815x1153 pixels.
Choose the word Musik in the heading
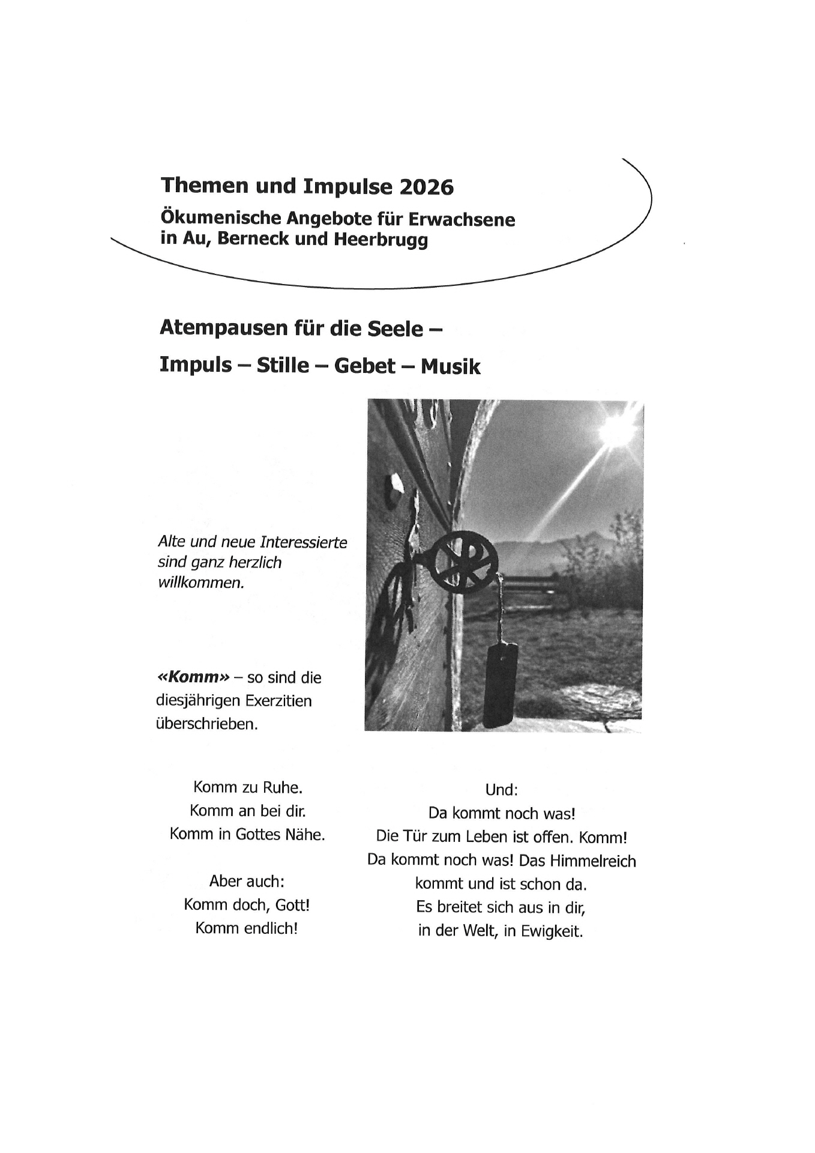[x=450, y=366]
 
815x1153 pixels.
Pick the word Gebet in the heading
[x=365, y=366]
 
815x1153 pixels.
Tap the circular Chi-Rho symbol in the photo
[x=466, y=560]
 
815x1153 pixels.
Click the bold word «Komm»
[x=193, y=678]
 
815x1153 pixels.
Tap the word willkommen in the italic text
[x=201, y=583]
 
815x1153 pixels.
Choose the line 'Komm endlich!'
[x=247, y=928]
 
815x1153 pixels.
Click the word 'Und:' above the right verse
[x=501, y=790]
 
